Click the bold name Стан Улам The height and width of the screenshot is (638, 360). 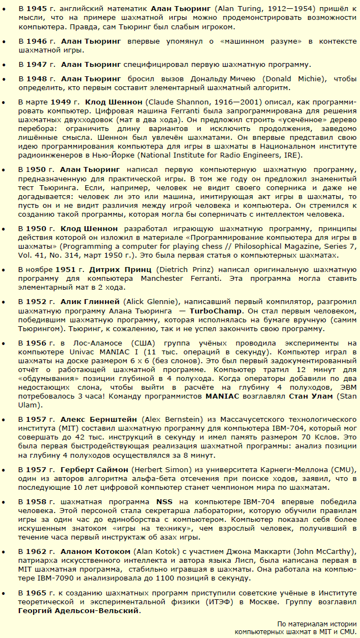click(319, 396)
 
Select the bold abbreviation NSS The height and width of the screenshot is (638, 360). click(165, 501)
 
